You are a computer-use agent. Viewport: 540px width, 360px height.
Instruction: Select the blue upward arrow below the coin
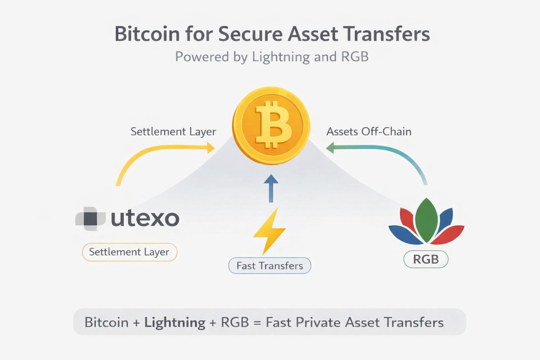(270, 188)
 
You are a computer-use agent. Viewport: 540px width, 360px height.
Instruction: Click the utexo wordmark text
(144, 219)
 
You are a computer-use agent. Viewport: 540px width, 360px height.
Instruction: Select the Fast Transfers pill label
(270, 265)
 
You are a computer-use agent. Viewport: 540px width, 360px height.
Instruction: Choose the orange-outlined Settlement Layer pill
(129, 252)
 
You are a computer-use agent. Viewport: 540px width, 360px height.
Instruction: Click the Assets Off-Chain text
(369, 132)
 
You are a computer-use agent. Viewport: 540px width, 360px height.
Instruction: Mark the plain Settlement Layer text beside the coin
(173, 132)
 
